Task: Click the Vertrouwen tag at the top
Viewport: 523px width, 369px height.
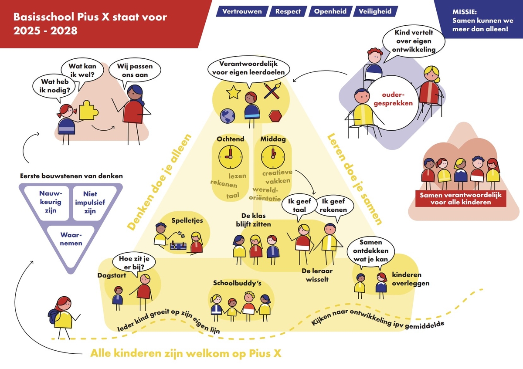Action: [x=242, y=11]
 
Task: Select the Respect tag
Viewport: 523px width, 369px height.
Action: [x=288, y=11]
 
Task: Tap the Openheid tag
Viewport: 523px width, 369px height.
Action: [x=330, y=11]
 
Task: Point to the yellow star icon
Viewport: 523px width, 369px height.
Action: [x=234, y=92]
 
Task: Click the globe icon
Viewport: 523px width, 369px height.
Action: [x=228, y=117]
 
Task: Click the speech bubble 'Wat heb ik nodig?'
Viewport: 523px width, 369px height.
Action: [x=52, y=86]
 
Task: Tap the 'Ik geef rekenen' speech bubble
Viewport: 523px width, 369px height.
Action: [x=333, y=206]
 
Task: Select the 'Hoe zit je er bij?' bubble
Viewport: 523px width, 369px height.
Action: [x=129, y=262]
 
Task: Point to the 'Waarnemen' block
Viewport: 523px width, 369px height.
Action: [x=71, y=239]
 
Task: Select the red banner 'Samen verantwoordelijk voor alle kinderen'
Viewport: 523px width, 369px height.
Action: [x=461, y=198]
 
